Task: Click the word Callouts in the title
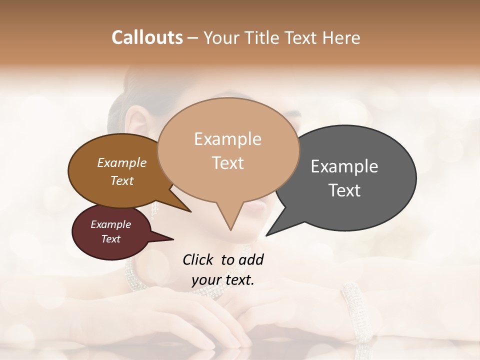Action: (147, 37)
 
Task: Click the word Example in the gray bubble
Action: (344, 166)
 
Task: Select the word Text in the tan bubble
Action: (228, 163)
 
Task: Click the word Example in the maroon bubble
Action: (111, 224)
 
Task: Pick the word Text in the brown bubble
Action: (122, 180)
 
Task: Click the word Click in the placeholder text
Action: (198, 259)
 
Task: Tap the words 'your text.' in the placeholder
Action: (223, 280)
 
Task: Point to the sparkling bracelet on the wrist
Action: (353, 305)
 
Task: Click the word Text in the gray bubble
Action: (345, 190)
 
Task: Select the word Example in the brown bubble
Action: (122, 162)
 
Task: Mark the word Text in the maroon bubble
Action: (111, 239)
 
